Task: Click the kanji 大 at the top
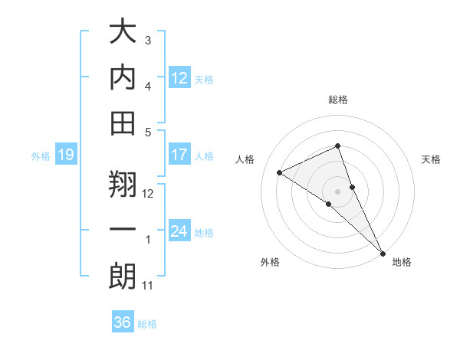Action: click(123, 32)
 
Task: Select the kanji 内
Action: click(123, 77)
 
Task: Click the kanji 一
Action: click(123, 230)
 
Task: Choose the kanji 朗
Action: click(123, 277)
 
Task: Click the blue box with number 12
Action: click(179, 77)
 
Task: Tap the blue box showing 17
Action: click(179, 155)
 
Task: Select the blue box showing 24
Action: click(179, 231)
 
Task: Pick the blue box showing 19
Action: click(65, 155)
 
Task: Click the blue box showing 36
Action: click(123, 322)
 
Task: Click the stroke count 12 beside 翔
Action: click(149, 194)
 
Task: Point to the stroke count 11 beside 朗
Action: click(148, 286)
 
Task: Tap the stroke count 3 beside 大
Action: click(148, 40)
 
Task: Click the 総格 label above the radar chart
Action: click(338, 100)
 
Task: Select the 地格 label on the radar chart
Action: click(402, 263)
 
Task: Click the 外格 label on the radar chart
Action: click(270, 263)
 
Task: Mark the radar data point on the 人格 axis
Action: click(280, 172)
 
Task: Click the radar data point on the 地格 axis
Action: click(382, 252)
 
